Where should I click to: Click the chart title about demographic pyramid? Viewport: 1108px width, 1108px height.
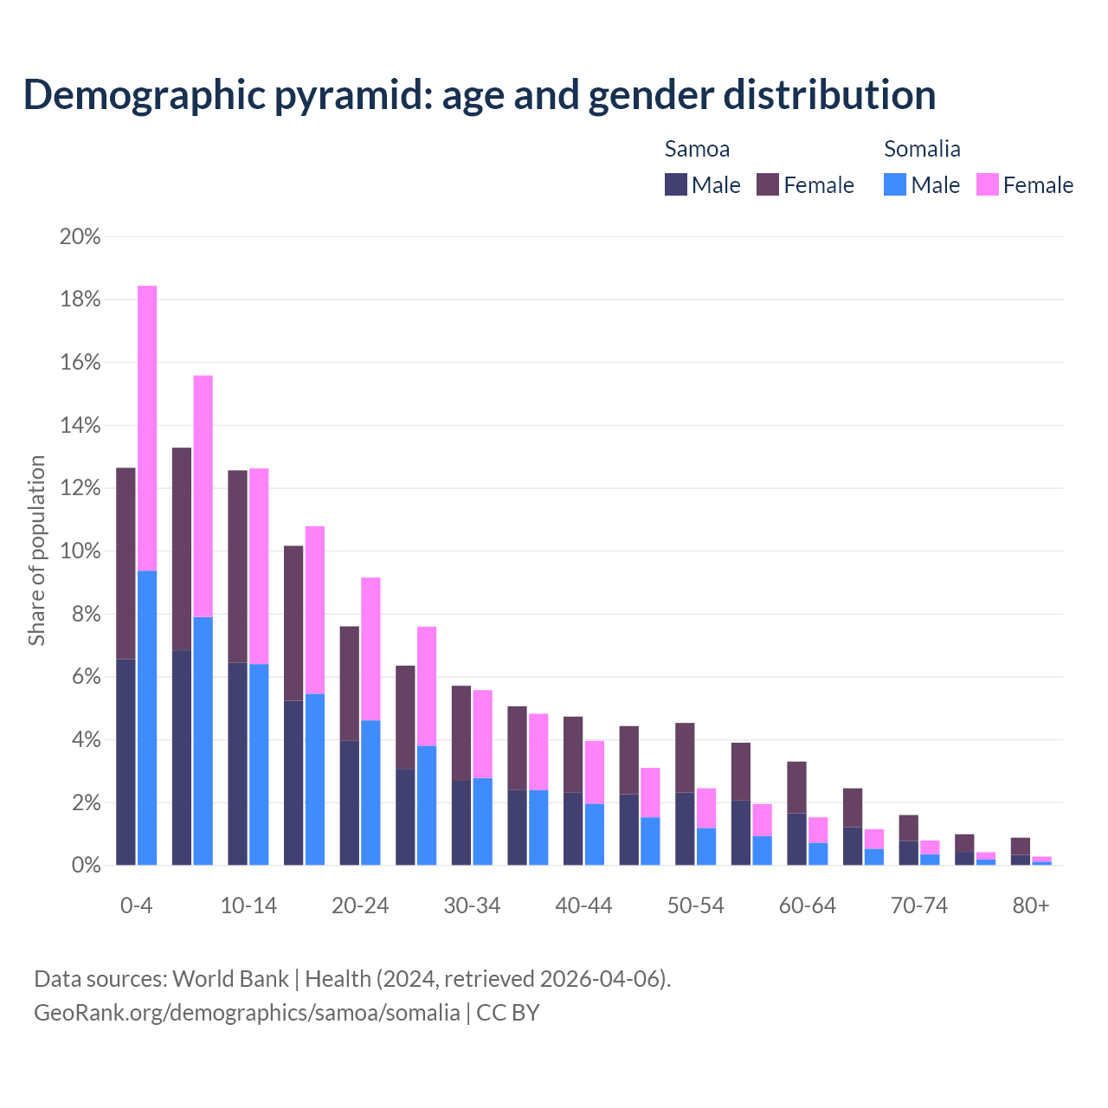pyautogui.click(x=480, y=95)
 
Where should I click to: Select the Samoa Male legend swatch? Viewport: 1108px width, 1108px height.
pyautogui.click(x=676, y=184)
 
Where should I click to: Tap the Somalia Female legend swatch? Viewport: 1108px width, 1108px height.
pyautogui.click(x=987, y=184)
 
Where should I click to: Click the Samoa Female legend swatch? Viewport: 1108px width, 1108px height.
pyautogui.click(x=768, y=184)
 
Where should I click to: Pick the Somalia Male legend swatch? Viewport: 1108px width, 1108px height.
pyautogui.click(x=895, y=184)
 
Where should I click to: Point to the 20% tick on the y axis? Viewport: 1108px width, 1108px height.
pyautogui.click(x=80, y=237)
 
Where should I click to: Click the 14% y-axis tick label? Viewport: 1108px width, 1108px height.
pyautogui.click(x=80, y=426)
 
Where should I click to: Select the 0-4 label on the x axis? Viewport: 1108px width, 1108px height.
pyautogui.click(x=137, y=906)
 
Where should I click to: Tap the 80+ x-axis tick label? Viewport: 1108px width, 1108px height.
pyautogui.click(x=1031, y=906)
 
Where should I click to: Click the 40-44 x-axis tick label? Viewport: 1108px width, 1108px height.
pyautogui.click(x=583, y=906)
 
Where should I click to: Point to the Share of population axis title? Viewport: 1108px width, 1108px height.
pyautogui.click(x=37, y=551)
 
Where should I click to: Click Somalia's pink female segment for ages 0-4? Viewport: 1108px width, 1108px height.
pyautogui.click(x=147, y=428)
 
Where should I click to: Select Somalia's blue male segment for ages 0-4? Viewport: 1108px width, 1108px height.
pyautogui.click(x=147, y=718)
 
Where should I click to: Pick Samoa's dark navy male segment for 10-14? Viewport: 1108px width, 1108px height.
pyautogui.click(x=238, y=763)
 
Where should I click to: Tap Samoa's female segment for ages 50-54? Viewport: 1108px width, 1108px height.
pyautogui.click(x=685, y=757)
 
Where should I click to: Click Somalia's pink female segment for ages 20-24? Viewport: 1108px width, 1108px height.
pyautogui.click(x=370, y=648)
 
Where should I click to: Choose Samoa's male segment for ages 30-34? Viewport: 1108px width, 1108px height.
pyautogui.click(x=461, y=822)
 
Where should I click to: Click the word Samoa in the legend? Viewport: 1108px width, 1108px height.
pyautogui.click(x=697, y=149)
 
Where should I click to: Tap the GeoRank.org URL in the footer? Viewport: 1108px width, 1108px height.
pyautogui.click(x=247, y=1013)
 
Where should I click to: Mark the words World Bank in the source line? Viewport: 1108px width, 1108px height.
pyautogui.click(x=230, y=979)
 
